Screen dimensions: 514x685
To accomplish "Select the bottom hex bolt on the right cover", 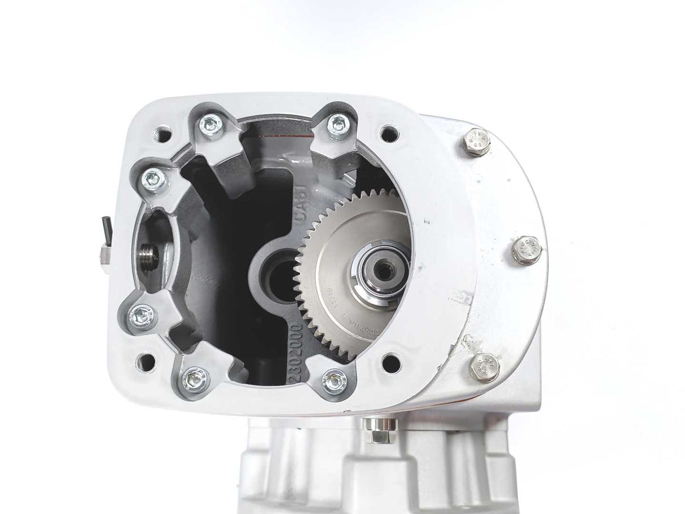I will click(x=485, y=367).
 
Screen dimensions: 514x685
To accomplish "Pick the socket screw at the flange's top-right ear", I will click(x=337, y=124).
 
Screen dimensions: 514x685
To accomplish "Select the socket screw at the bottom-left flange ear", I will click(x=196, y=375).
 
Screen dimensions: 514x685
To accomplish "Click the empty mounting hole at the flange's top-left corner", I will click(x=164, y=135).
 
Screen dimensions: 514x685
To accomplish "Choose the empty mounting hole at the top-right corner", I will click(x=387, y=134).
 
